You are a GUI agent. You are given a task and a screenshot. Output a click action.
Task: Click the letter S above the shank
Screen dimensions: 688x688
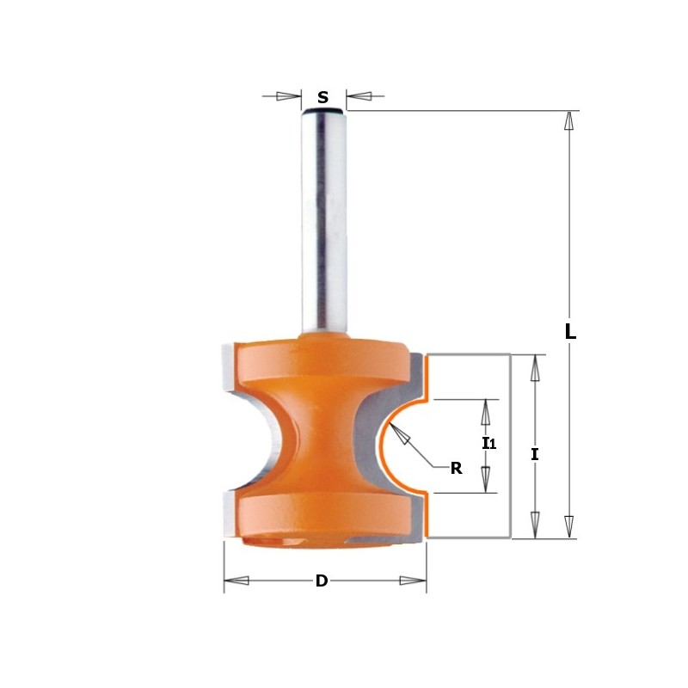pyautogui.click(x=322, y=97)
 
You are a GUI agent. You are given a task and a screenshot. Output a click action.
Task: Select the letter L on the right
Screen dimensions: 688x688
pyautogui.click(x=569, y=331)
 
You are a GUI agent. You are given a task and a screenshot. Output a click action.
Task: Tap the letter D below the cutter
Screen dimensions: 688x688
pyautogui.click(x=322, y=581)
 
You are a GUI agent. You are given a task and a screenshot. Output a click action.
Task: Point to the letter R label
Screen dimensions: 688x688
pyautogui.click(x=456, y=469)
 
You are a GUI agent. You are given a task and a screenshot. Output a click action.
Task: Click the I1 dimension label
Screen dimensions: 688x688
pyautogui.click(x=488, y=444)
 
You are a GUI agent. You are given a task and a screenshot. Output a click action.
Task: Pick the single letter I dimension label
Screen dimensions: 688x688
pyautogui.click(x=535, y=455)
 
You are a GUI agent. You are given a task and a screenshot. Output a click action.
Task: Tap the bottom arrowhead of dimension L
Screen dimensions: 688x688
pyautogui.click(x=568, y=526)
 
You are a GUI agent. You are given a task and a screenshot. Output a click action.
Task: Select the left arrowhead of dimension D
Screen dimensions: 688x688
pyautogui.click(x=236, y=581)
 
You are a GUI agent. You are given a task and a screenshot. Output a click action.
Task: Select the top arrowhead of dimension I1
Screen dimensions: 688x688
pyautogui.click(x=486, y=413)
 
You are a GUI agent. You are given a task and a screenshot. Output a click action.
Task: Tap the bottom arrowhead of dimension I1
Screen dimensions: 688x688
pyautogui.click(x=486, y=478)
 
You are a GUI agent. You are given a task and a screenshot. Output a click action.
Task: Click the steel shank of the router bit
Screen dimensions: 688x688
pyautogui.click(x=324, y=224)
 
